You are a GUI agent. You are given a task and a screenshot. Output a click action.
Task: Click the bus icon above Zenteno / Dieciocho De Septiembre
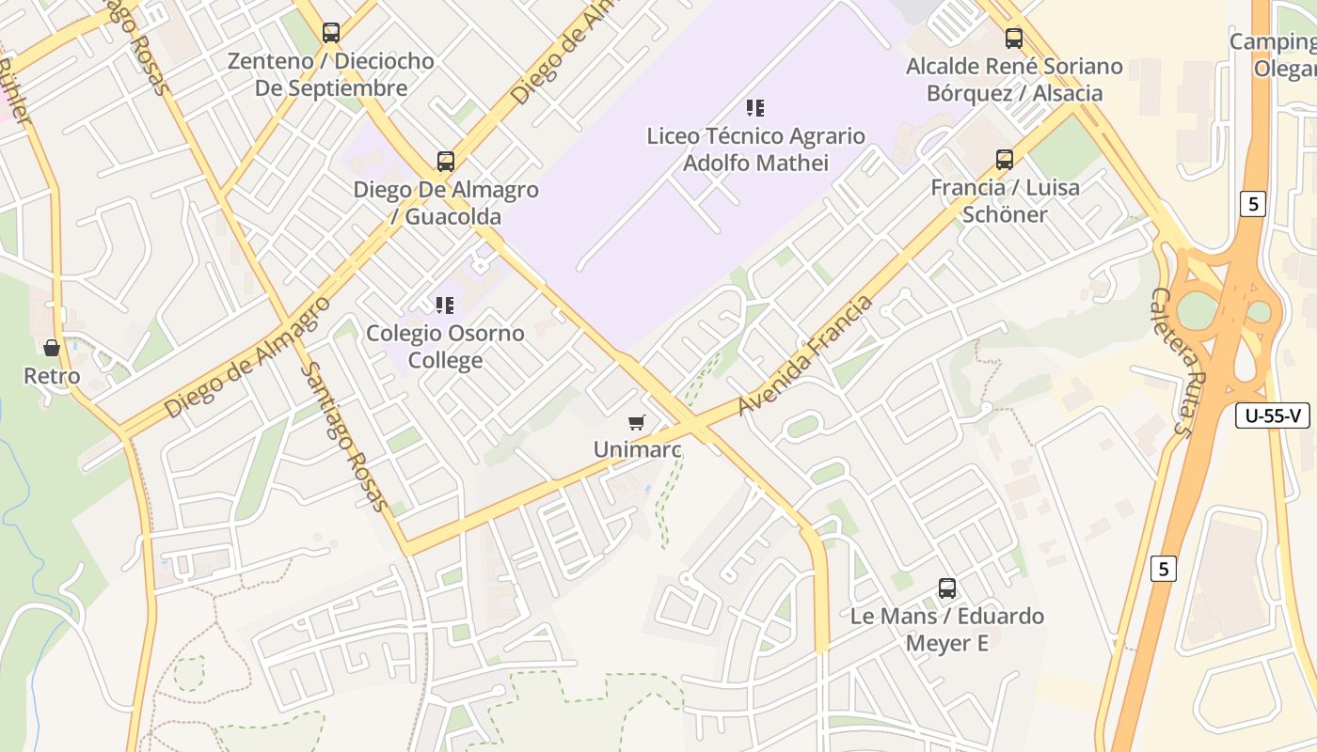[x=331, y=33]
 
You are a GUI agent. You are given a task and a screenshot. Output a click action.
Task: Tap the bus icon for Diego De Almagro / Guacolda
[x=446, y=161]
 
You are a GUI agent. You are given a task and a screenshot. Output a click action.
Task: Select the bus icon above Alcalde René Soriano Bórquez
[x=1014, y=39]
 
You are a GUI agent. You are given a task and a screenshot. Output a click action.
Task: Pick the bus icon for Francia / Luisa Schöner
[x=1005, y=159]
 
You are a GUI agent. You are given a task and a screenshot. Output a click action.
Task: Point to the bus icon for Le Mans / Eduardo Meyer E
[x=947, y=588]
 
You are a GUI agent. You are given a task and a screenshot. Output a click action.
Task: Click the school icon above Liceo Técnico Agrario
[x=755, y=108]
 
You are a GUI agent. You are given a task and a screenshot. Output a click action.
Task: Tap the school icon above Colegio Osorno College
[x=445, y=305]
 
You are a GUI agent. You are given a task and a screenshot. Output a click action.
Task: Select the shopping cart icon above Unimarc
[x=637, y=423]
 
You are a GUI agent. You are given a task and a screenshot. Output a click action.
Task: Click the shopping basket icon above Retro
[x=52, y=348]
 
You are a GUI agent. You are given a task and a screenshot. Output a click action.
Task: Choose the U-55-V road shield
[x=1273, y=415]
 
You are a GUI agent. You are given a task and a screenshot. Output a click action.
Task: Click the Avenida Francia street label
[x=805, y=355]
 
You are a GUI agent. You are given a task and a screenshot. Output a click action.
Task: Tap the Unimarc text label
[x=637, y=449]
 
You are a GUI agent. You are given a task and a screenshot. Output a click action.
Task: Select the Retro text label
[x=52, y=376]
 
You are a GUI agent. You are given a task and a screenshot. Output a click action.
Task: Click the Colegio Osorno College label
[x=445, y=347]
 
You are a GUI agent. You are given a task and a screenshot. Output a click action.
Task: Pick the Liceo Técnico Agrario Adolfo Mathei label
[x=755, y=149]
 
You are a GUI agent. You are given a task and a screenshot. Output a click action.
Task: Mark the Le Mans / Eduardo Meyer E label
[x=947, y=630]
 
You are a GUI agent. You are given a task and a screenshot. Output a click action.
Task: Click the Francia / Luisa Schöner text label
[x=1005, y=200]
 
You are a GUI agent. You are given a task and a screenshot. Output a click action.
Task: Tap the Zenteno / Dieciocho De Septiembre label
[x=331, y=74]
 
